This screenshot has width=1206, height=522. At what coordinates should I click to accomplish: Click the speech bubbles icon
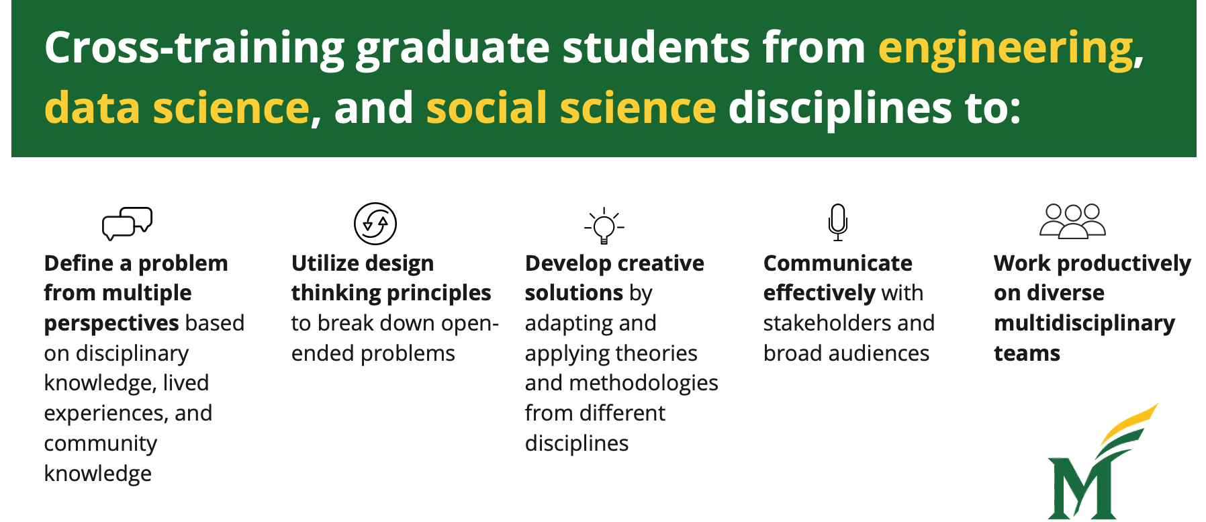pos(127,223)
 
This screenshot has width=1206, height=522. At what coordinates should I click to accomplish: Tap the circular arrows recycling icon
pos(375,224)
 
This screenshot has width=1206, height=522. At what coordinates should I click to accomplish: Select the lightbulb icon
pos(604,225)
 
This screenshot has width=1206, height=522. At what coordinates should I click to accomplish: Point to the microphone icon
pos(837,222)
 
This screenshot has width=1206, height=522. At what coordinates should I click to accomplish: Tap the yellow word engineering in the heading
pos(1005,48)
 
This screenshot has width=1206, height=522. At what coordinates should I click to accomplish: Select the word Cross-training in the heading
pos(194,48)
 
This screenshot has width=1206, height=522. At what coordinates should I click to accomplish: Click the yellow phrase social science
pos(571,108)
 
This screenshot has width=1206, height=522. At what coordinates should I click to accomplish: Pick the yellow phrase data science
pos(177,108)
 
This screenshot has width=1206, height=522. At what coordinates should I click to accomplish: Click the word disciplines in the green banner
pos(840,108)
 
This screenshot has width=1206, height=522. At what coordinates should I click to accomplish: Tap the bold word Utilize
pos(324,263)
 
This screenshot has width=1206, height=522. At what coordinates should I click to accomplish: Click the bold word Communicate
pos(837,263)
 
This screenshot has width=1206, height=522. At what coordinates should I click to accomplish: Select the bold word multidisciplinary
pos(1084,323)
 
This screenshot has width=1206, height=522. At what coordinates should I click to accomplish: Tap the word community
pos(101,443)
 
